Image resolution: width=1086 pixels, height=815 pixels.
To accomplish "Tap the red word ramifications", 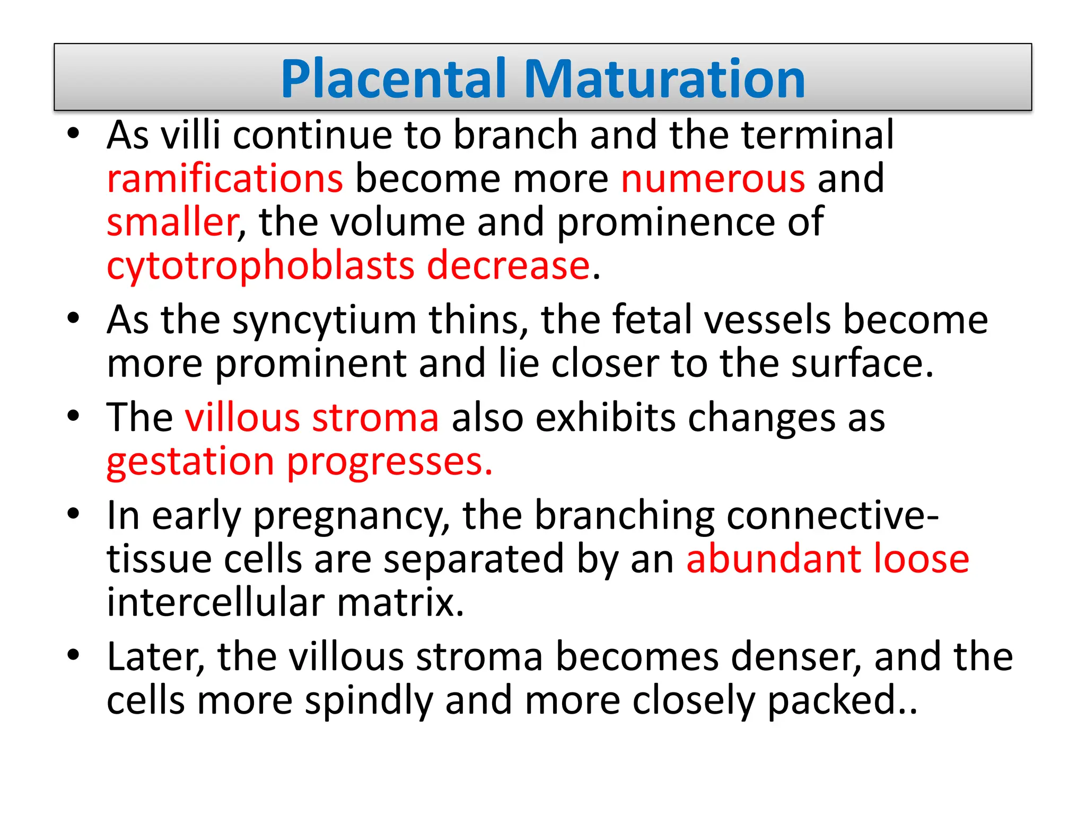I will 225,179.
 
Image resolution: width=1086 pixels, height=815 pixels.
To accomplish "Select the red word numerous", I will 713,179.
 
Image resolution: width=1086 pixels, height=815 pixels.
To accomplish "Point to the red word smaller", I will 172,222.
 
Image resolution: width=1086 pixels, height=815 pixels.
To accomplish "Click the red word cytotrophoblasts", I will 260,267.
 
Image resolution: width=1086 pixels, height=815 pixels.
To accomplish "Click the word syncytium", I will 324,322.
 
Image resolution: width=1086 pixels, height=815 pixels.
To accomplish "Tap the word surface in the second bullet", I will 861,364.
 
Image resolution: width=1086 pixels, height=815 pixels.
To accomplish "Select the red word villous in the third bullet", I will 242,418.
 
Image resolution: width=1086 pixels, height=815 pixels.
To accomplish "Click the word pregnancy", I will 351,517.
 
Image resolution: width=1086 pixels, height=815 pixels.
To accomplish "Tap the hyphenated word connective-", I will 833,516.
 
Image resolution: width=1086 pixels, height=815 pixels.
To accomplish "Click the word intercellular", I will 215,603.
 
